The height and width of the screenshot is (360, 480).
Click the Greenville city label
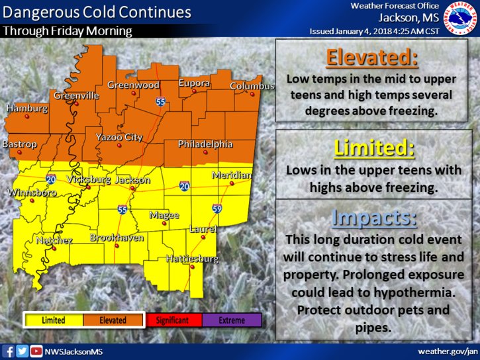76,95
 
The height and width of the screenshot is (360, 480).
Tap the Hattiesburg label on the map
192,259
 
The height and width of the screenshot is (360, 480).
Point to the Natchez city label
54,240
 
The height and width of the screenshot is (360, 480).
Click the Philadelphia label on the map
205,144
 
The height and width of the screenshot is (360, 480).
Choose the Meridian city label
232,175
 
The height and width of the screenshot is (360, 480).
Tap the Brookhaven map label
117,237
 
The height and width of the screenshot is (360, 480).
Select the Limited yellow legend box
54,320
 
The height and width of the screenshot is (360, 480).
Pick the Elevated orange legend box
113,320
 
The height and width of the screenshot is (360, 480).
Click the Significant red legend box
172,320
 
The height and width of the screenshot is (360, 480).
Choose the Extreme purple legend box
232,320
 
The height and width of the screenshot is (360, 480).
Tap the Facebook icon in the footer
9,351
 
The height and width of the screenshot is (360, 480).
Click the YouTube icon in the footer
36,351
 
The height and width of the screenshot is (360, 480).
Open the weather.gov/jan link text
447,351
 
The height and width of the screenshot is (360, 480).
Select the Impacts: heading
374,218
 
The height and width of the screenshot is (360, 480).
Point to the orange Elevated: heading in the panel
373,58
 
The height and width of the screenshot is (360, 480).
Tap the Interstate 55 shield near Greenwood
161,102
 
